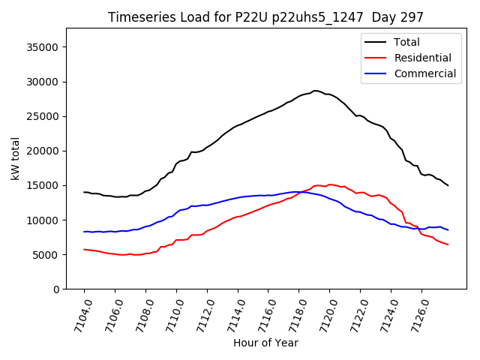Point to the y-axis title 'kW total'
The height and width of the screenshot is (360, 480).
pyautogui.click(x=15, y=158)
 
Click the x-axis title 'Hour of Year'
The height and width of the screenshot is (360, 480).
pyautogui.click(x=265, y=343)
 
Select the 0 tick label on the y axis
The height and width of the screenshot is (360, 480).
pyautogui.click(x=56, y=289)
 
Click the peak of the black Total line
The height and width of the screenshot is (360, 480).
pyautogui.click(x=315, y=91)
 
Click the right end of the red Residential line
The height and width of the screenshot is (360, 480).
pyautogui.click(x=448, y=244)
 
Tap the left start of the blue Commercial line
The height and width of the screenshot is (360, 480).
pyautogui.click(x=84, y=232)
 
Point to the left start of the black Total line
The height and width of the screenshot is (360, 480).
pyautogui.click(x=84, y=192)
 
